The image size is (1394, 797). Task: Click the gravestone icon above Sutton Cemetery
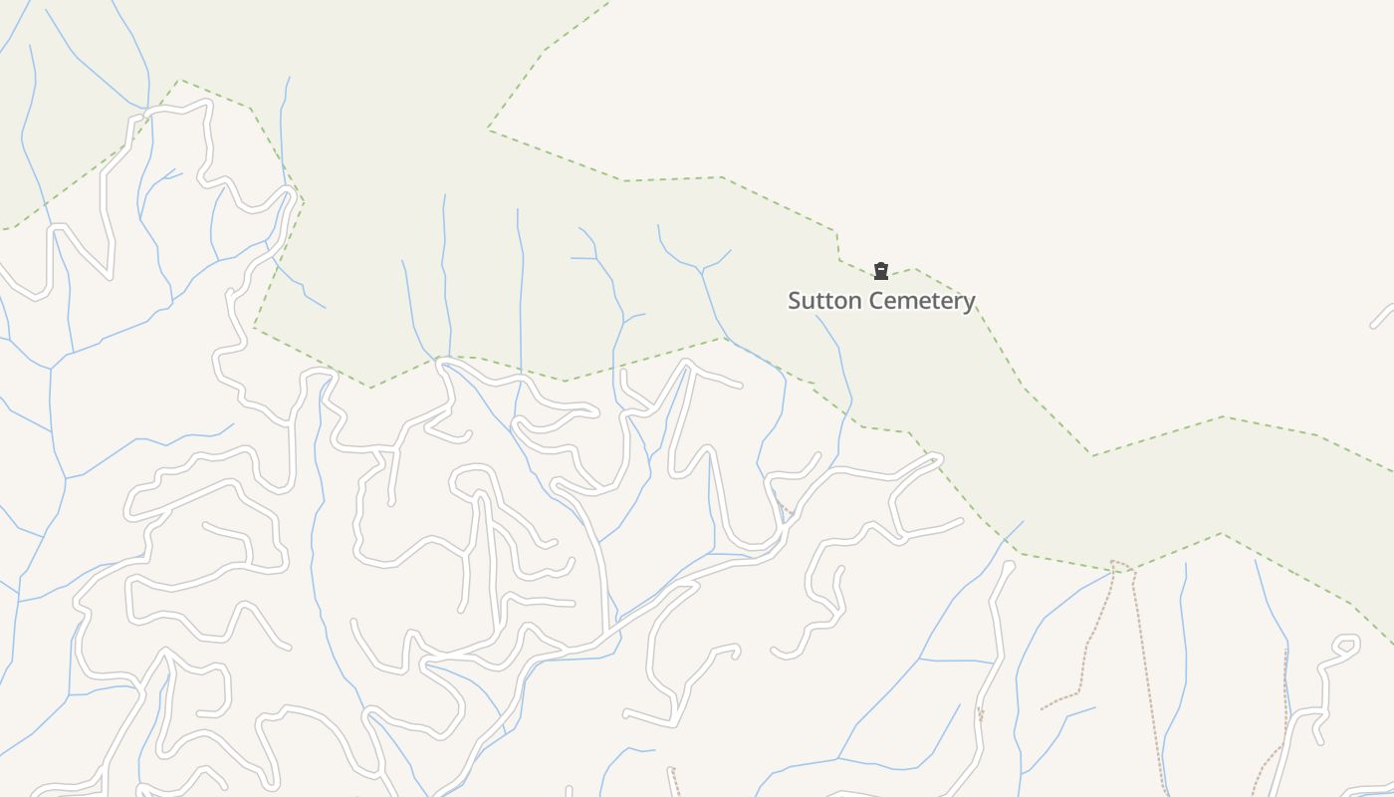[880, 271]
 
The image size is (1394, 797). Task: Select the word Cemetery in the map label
[919, 301]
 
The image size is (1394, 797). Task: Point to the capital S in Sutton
[795, 301]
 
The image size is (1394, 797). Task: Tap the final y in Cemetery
[969, 303]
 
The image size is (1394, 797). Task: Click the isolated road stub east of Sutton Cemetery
[1382, 316]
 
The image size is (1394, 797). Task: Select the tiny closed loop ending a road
[1346, 646]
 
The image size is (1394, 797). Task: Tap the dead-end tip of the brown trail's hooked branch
[1042, 709]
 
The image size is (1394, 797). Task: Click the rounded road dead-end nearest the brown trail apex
[1008, 567]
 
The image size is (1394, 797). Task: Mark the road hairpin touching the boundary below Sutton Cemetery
[936, 458]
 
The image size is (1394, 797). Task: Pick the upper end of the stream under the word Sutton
[816, 316]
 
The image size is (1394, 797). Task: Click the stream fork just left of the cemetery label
[703, 269]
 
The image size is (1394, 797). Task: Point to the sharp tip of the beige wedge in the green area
[488, 129]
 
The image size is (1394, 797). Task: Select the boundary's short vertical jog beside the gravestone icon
[837, 246]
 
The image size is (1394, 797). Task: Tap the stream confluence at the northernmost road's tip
[146, 108]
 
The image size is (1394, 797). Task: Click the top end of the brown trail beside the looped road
[1285, 652]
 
